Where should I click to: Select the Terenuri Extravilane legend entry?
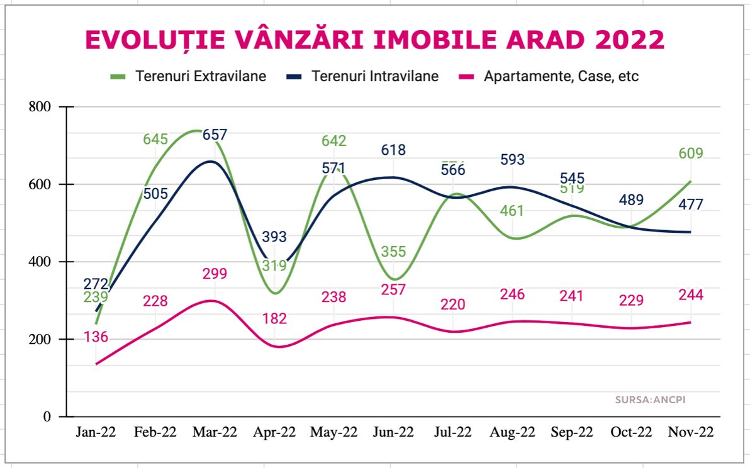point(188,77)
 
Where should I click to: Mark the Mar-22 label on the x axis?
point(215,433)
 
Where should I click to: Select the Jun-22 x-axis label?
point(393,433)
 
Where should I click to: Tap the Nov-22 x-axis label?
point(690,433)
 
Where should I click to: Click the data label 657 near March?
point(215,135)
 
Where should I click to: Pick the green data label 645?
point(155,139)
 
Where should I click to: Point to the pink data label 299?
point(215,274)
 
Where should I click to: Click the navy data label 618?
point(393,150)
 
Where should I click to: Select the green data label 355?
point(393,252)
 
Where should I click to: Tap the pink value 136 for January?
point(96,337)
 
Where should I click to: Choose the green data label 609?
point(690,153)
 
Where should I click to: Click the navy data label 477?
point(690,204)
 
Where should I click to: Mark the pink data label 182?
point(274,319)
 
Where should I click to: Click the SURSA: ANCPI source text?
point(651,399)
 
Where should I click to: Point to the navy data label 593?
point(512,160)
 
